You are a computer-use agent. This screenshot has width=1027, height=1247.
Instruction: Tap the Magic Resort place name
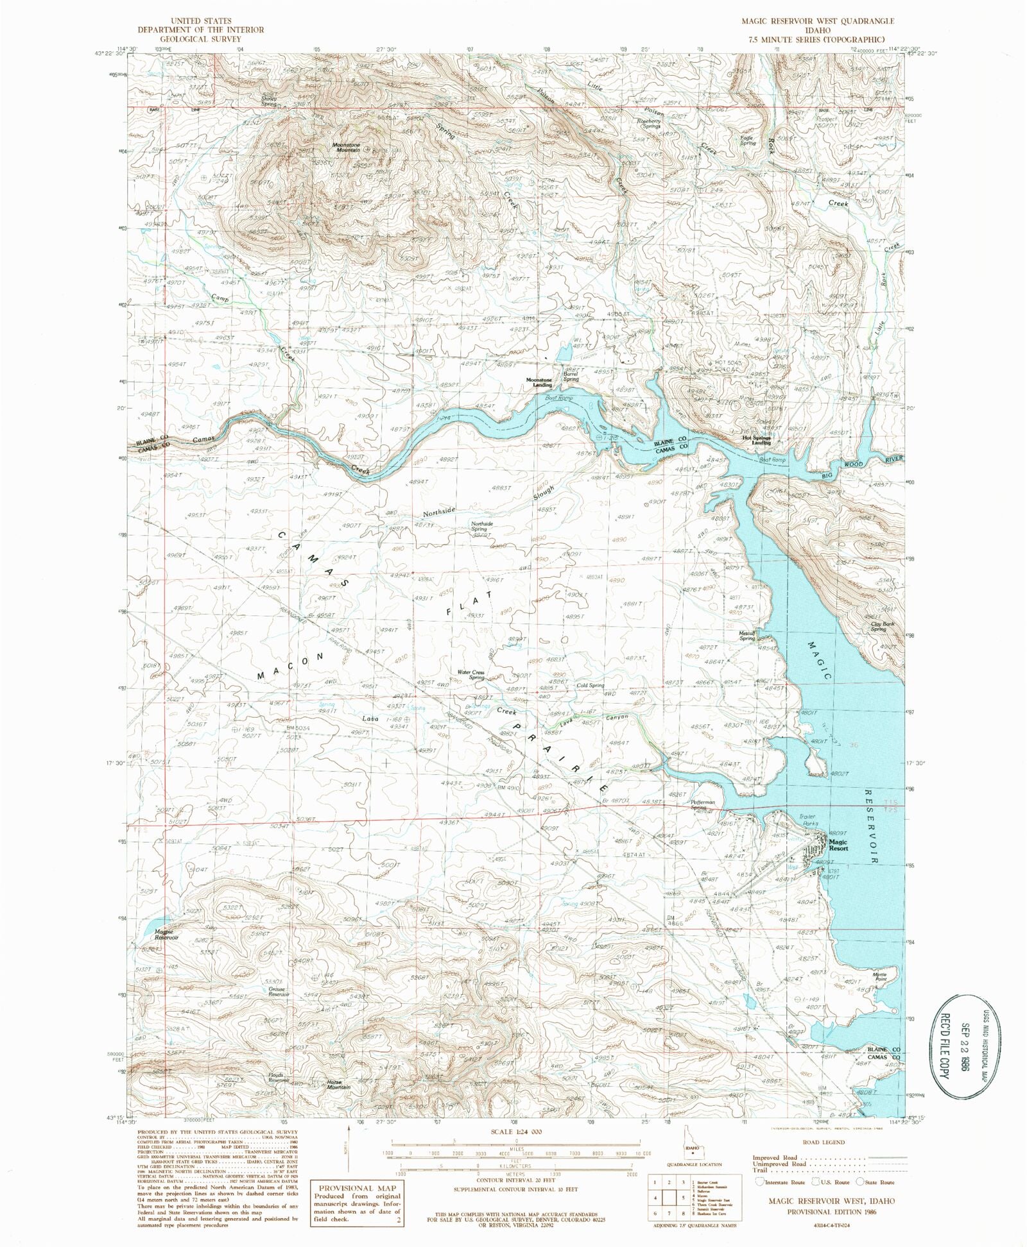click(x=838, y=845)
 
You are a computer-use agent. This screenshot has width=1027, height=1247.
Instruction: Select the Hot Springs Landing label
click(x=756, y=441)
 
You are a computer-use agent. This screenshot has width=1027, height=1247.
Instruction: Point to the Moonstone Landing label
click(x=539, y=382)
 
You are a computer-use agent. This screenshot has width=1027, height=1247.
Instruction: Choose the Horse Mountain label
click(x=338, y=1085)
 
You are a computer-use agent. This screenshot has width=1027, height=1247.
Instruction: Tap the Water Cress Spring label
click(x=470, y=675)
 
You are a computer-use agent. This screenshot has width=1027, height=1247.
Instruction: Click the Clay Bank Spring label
click(x=879, y=626)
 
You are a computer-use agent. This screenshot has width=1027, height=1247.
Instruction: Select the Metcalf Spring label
click(x=747, y=636)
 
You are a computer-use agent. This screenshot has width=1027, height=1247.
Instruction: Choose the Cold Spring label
click(x=591, y=685)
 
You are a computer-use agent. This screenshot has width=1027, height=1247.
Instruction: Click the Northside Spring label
click(x=482, y=526)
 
